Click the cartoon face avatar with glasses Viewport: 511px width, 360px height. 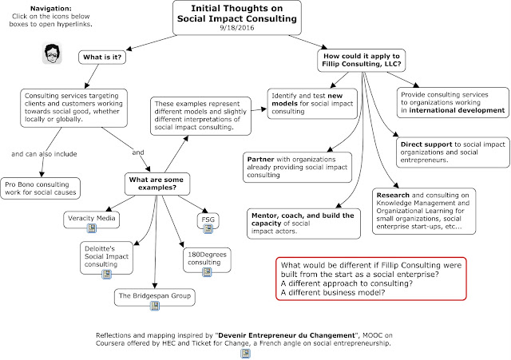pos(52,53)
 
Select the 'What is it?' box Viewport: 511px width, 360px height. pos(102,57)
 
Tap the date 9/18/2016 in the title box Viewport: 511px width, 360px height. pos(237,28)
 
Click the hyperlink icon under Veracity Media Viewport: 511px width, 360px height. pos(92,228)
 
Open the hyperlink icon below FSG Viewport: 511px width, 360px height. pos(208,229)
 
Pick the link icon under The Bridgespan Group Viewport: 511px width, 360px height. pos(155,306)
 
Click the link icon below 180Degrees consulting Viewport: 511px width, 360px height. pos(207,272)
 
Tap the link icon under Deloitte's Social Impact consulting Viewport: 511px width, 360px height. pos(106,274)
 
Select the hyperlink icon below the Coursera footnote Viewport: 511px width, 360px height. pos(245,353)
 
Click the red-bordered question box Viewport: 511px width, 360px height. pos(371,279)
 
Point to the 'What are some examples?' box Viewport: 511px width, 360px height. pos(157,184)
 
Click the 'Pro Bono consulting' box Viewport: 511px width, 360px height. pos(41,188)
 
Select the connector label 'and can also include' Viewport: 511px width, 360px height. pos(44,154)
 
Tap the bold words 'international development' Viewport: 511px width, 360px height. pos(457,110)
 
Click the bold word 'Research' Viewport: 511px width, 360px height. pos(393,195)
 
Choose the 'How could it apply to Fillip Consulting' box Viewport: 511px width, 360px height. pos(362,61)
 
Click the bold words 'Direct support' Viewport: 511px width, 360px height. pos(426,144)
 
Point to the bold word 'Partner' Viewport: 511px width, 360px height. pos(260,160)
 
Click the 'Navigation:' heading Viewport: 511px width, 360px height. pos(51,9)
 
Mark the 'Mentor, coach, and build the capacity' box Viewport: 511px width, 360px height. pos(303,224)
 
